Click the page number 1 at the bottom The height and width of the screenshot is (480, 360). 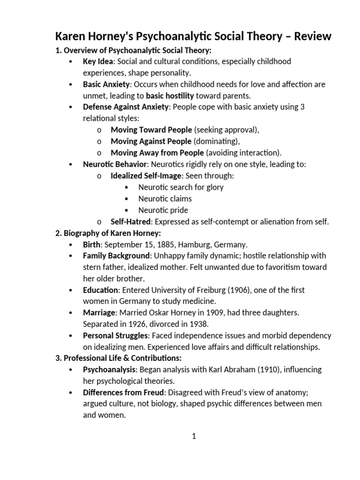(194, 436)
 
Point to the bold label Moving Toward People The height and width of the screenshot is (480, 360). (151, 130)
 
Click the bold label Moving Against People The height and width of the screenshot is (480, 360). (151, 141)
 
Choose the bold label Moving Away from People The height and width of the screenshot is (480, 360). (157, 153)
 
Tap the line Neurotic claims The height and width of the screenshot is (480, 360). (165, 198)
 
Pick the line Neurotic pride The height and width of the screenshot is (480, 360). (163, 210)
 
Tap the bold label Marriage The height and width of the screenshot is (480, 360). (99, 313)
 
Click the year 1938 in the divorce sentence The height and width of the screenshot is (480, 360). (198, 324)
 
